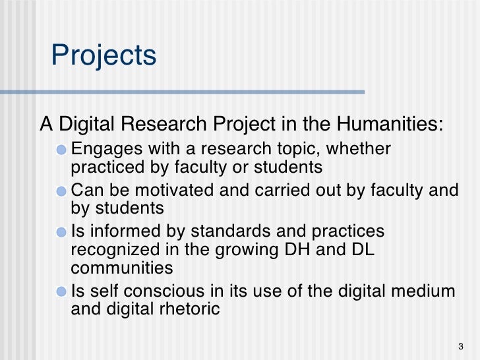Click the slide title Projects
pos(104,56)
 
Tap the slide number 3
pos(460,347)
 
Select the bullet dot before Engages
pos(61,148)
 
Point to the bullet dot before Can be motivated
pos(61,191)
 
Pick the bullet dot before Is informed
pos(61,233)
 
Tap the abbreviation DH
pos(308,251)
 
